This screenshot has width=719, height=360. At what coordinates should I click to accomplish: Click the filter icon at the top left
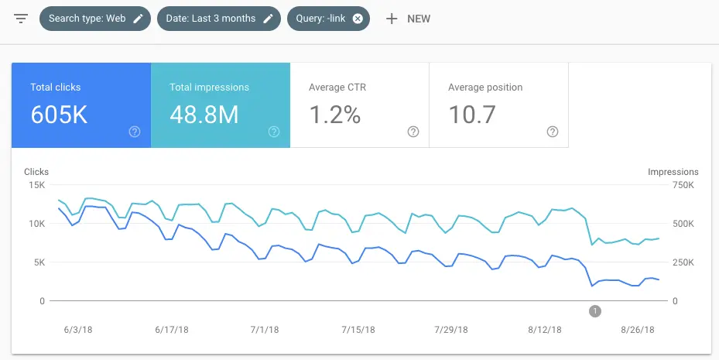click(21, 19)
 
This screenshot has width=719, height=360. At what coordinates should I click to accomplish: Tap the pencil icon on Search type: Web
click(139, 19)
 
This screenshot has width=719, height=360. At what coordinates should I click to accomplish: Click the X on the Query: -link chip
click(358, 19)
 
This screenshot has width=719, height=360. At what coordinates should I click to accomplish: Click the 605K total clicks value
click(59, 115)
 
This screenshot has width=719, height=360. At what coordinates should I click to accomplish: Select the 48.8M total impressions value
click(204, 115)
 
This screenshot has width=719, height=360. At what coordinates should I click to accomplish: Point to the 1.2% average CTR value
click(334, 115)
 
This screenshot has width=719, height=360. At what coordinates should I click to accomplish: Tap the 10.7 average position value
click(471, 115)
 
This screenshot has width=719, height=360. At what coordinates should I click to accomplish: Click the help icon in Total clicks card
click(135, 132)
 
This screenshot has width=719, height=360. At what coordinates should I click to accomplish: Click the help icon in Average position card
click(553, 132)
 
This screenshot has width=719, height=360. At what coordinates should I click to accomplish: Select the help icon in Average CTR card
click(413, 132)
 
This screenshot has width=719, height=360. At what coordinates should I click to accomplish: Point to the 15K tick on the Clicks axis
click(36, 185)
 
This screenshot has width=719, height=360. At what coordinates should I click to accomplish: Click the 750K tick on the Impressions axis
click(684, 185)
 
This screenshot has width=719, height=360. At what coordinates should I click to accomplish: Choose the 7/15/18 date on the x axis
click(358, 329)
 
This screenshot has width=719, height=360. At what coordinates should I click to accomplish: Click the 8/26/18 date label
click(639, 329)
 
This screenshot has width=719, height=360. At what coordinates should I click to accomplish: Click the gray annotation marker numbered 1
click(594, 311)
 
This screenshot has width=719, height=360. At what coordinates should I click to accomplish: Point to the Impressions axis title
click(673, 172)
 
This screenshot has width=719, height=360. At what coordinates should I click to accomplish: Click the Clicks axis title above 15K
click(36, 172)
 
